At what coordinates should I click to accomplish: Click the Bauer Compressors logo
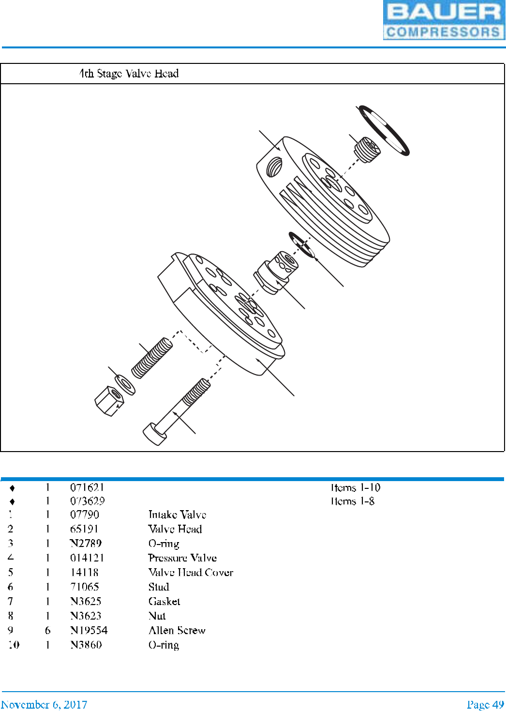point(444,20)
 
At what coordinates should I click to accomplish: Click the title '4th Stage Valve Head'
point(129,74)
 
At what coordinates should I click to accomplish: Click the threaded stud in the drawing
point(152,359)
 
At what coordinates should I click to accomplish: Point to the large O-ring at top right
point(384,130)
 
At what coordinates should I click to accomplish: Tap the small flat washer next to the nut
point(125,385)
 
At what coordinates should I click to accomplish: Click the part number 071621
point(87,487)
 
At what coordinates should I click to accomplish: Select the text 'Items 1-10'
point(356,487)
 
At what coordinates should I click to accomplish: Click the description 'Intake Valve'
point(177,514)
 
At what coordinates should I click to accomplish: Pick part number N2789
point(86,543)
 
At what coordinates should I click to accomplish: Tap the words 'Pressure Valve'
point(182,558)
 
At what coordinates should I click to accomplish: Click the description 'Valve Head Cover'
point(191,572)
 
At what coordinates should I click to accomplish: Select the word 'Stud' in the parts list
point(159,587)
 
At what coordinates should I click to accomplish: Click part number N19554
point(89,630)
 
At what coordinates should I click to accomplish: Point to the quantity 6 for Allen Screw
point(47,630)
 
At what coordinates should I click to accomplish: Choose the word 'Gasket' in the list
point(164,601)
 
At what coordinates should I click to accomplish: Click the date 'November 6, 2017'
point(44,704)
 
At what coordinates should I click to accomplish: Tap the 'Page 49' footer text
point(485,704)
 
